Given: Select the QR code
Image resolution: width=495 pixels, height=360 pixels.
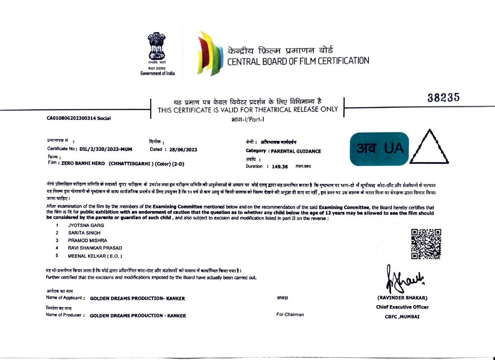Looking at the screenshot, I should tap(426, 243).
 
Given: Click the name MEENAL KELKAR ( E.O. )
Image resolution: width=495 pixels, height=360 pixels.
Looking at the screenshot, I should tap(95, 256).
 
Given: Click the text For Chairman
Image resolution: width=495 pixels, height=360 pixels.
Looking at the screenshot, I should tap(290, 315).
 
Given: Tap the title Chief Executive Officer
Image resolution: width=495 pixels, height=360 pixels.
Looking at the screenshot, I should tap(402, 307).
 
